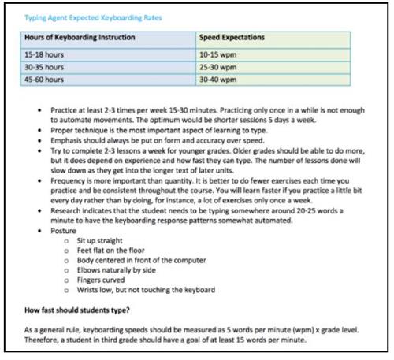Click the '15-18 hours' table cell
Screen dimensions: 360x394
click(44, 54)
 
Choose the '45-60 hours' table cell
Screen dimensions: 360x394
click(44, 80)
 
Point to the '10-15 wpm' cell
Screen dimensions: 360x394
click(219, 54)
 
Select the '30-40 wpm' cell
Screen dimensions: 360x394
click(219, 80)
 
